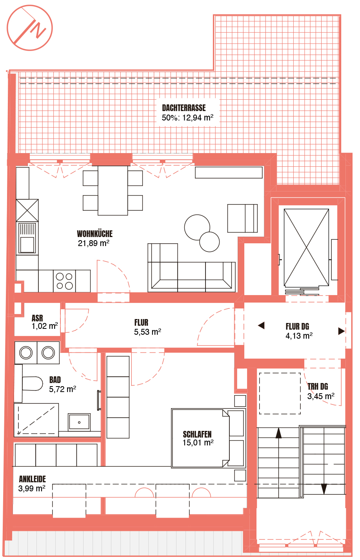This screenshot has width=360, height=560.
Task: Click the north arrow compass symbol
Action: (29, 28)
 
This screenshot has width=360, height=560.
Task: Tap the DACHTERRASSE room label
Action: (184, 108)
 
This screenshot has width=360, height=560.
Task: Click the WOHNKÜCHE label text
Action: (95, 234)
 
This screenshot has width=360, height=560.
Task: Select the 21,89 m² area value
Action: (93, 243)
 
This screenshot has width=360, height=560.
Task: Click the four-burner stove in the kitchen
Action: (64, 281)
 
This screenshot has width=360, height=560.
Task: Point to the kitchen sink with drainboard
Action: (27, 238)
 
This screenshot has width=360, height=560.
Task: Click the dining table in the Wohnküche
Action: (113, 190)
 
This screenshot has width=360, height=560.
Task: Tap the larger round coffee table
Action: (197, 227)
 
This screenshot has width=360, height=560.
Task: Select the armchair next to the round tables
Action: (242, 218)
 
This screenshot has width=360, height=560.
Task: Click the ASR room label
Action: (37, 318)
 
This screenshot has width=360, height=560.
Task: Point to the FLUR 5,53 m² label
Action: (147, 327)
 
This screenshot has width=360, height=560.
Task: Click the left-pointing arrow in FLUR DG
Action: (261, 325)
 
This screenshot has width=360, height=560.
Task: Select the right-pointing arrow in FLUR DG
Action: (342, 331)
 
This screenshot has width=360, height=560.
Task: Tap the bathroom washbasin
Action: (79, 422)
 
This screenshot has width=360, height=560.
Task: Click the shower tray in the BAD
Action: (36, 420)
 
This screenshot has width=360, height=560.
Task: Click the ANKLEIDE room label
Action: (33, 479)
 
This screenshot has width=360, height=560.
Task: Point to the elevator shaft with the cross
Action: (306, 248)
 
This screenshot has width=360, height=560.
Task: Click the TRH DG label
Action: (318, 387)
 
